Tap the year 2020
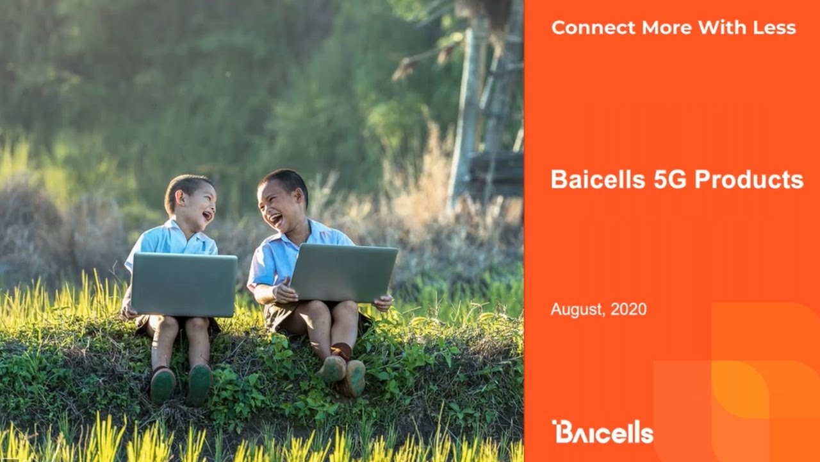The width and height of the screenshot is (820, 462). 628,309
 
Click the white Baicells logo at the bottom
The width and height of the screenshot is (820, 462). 602,432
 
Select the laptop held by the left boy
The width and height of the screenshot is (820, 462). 184,284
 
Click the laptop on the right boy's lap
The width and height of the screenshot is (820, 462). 344,273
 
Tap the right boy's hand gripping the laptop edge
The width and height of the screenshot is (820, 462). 384,302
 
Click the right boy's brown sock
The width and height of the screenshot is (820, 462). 342,351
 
